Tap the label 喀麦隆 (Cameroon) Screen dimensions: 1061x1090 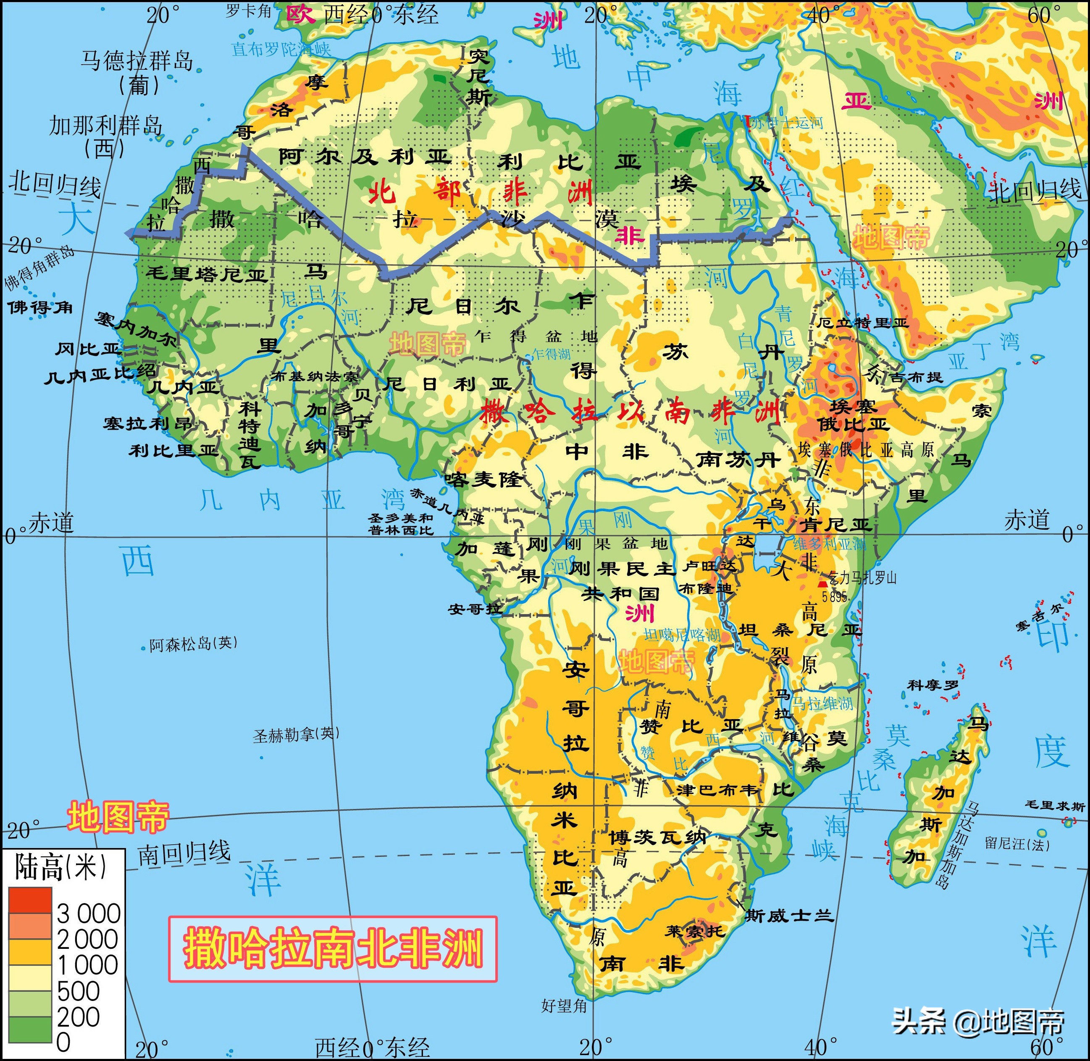[x=483, y=479]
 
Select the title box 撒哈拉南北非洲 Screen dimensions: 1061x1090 [x=333, y=949]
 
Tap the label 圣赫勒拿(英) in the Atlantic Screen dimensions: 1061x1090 [x=295, y=735]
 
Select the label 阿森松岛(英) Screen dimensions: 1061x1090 [x=193, y=643]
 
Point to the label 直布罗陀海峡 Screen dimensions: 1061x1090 [x=281, y=50]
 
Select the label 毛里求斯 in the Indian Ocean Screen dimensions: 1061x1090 [x=1055, y=806]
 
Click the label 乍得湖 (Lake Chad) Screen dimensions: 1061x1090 [x=551, y=354]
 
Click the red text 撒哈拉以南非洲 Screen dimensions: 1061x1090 [x=630, y=413]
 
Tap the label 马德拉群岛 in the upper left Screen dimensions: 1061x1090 [x=137, y=60]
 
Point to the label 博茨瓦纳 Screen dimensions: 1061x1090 [x=657, y=837]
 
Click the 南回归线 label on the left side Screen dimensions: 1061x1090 [x=184, y=853]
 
